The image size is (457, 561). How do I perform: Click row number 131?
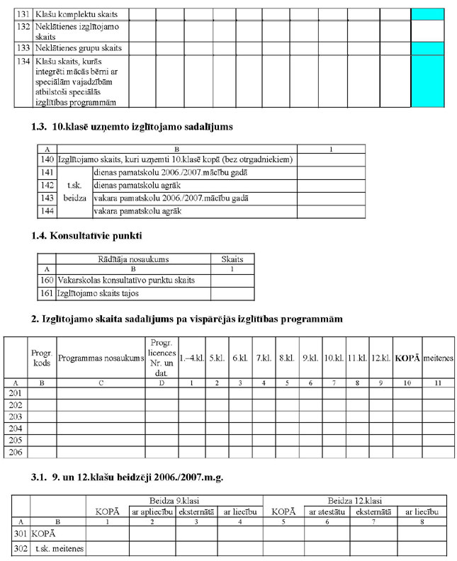coord(23,14)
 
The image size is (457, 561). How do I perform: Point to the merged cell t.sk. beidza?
coord(74,192)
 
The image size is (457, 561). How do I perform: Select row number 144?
coord(47,211)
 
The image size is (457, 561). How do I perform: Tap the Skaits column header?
coord(232,259)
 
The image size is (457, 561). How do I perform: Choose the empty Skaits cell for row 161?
coord(232,293)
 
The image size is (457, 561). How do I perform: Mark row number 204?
coord(16,428)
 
